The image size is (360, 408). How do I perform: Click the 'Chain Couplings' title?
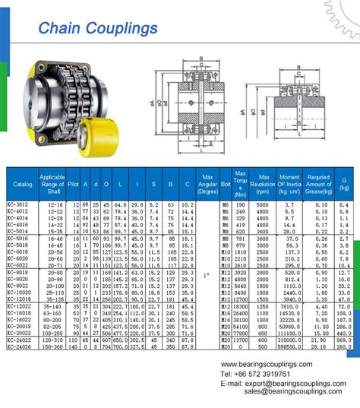pyautogui.click(x=98, y=29)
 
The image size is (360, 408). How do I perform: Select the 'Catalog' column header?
pyautogui.click(x=23, y=184)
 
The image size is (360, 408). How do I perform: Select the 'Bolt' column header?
pyautogui.click(x=225, y=184)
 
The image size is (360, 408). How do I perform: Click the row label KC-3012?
pyautogui.click(x=17, y=205)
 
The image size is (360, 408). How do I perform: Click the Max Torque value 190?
pyautogui.click(x=241, y=205)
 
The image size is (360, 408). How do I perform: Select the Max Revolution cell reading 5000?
pyautogui.click(x=262, y=205)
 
